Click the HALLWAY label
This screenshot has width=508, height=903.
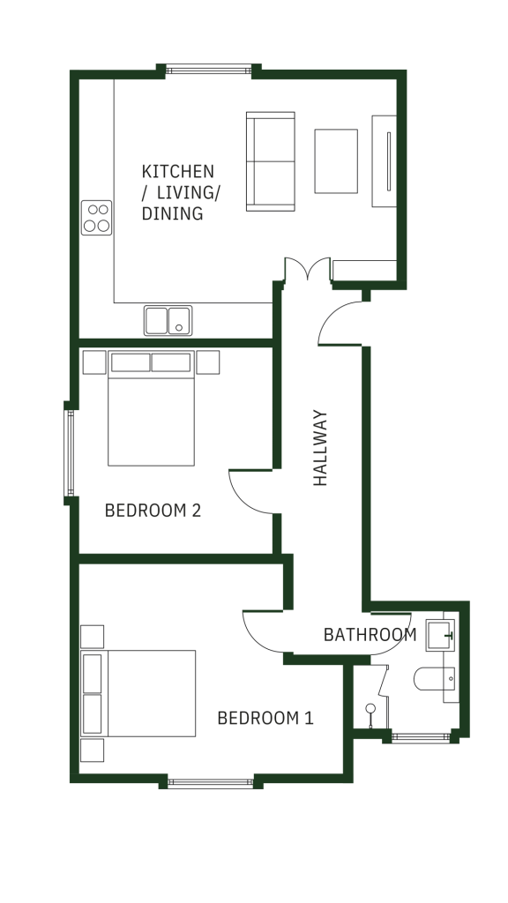(320, 447)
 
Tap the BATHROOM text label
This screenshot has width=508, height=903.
(370, 635)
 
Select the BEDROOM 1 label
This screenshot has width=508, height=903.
(265, 718)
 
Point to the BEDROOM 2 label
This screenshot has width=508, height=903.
(153, 511)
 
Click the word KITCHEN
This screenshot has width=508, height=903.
(178, 172)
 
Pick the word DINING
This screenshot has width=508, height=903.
(172, 213)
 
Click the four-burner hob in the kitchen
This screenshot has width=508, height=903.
(96, 218)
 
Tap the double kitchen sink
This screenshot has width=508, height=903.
(168, 321)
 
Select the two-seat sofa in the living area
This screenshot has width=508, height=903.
(271, 161)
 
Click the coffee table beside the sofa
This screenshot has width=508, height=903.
(336, 161)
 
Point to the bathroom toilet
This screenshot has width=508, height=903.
(434, 678)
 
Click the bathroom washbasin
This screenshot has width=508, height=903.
(441, 636)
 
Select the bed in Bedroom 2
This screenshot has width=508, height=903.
(151, 408)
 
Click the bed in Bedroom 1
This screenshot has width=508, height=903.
(138, 693)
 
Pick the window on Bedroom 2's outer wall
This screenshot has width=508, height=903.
(70, 452)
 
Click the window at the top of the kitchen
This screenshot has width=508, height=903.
(209, 71)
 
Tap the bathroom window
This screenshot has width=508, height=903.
(421, 737)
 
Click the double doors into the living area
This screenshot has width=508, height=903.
(308, 268)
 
